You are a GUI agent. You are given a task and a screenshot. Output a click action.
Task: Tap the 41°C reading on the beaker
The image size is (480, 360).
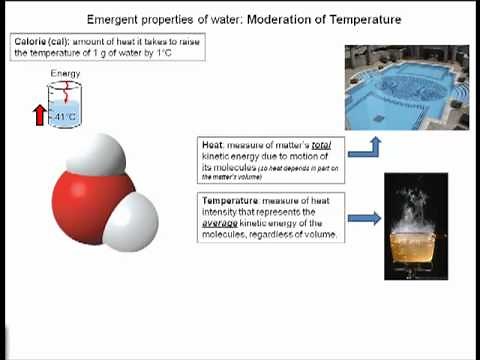pyautogui.click(x=66, y=118)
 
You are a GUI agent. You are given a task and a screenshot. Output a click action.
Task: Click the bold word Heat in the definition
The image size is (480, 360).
pyautogui.click(x=213, y=146)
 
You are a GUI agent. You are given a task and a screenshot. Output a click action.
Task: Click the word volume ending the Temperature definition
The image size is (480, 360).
pyautogui.click(x=319, y=235)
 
